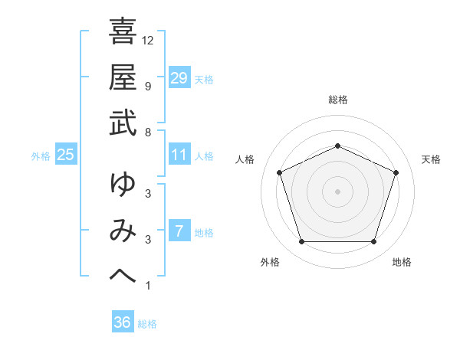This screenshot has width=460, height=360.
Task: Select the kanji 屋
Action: tap(123, 77)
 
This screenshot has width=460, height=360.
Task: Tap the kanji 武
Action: tap(123, 123)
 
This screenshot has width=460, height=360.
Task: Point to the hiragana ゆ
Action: tap(123, 185)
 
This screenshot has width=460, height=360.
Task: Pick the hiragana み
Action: tap(123, 231)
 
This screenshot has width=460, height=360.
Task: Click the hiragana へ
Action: tap(123, 277)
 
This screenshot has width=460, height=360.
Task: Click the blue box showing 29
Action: tap(179, 78)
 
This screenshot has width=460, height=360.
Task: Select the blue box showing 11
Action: tap(179, 155)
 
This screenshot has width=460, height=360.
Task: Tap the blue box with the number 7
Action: tap(179, 231)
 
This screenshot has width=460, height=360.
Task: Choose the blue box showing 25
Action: tap(66, 155)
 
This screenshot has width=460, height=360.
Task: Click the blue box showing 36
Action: tap(123, 322)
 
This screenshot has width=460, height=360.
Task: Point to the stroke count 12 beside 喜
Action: tap(148, 41)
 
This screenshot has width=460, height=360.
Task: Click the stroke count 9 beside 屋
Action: tap(147, 87)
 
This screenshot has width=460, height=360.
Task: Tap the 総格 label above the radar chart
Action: tap(337, 100)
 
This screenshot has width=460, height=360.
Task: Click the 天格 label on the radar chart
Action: tap(431, 159)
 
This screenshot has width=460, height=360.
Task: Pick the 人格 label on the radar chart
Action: tap(245, 159)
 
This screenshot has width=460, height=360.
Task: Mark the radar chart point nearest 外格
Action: tap(301, 242)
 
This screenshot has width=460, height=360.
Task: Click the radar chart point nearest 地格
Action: tap(373, 242)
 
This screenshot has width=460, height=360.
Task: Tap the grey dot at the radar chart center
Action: tap(337, 191)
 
